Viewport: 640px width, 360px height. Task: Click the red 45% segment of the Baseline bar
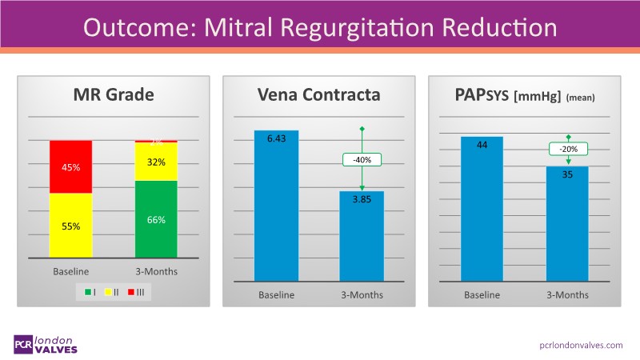coord(70,167)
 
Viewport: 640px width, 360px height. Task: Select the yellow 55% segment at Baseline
coord(70,226)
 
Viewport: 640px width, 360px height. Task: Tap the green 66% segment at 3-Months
coord(156,218)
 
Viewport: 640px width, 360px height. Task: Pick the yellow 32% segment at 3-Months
coord(156,162)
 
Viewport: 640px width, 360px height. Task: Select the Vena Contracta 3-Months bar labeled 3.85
coord(362,236)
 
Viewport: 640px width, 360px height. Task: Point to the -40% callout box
coord(362,160)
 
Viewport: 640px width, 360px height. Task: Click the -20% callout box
coord(569,149)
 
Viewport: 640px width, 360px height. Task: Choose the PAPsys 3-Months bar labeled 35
coord(567,224)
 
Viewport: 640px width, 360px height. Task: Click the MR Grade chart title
coord(113,97)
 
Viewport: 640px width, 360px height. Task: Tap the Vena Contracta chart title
coord(318,97)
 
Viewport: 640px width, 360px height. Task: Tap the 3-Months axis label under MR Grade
coord(156,271)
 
